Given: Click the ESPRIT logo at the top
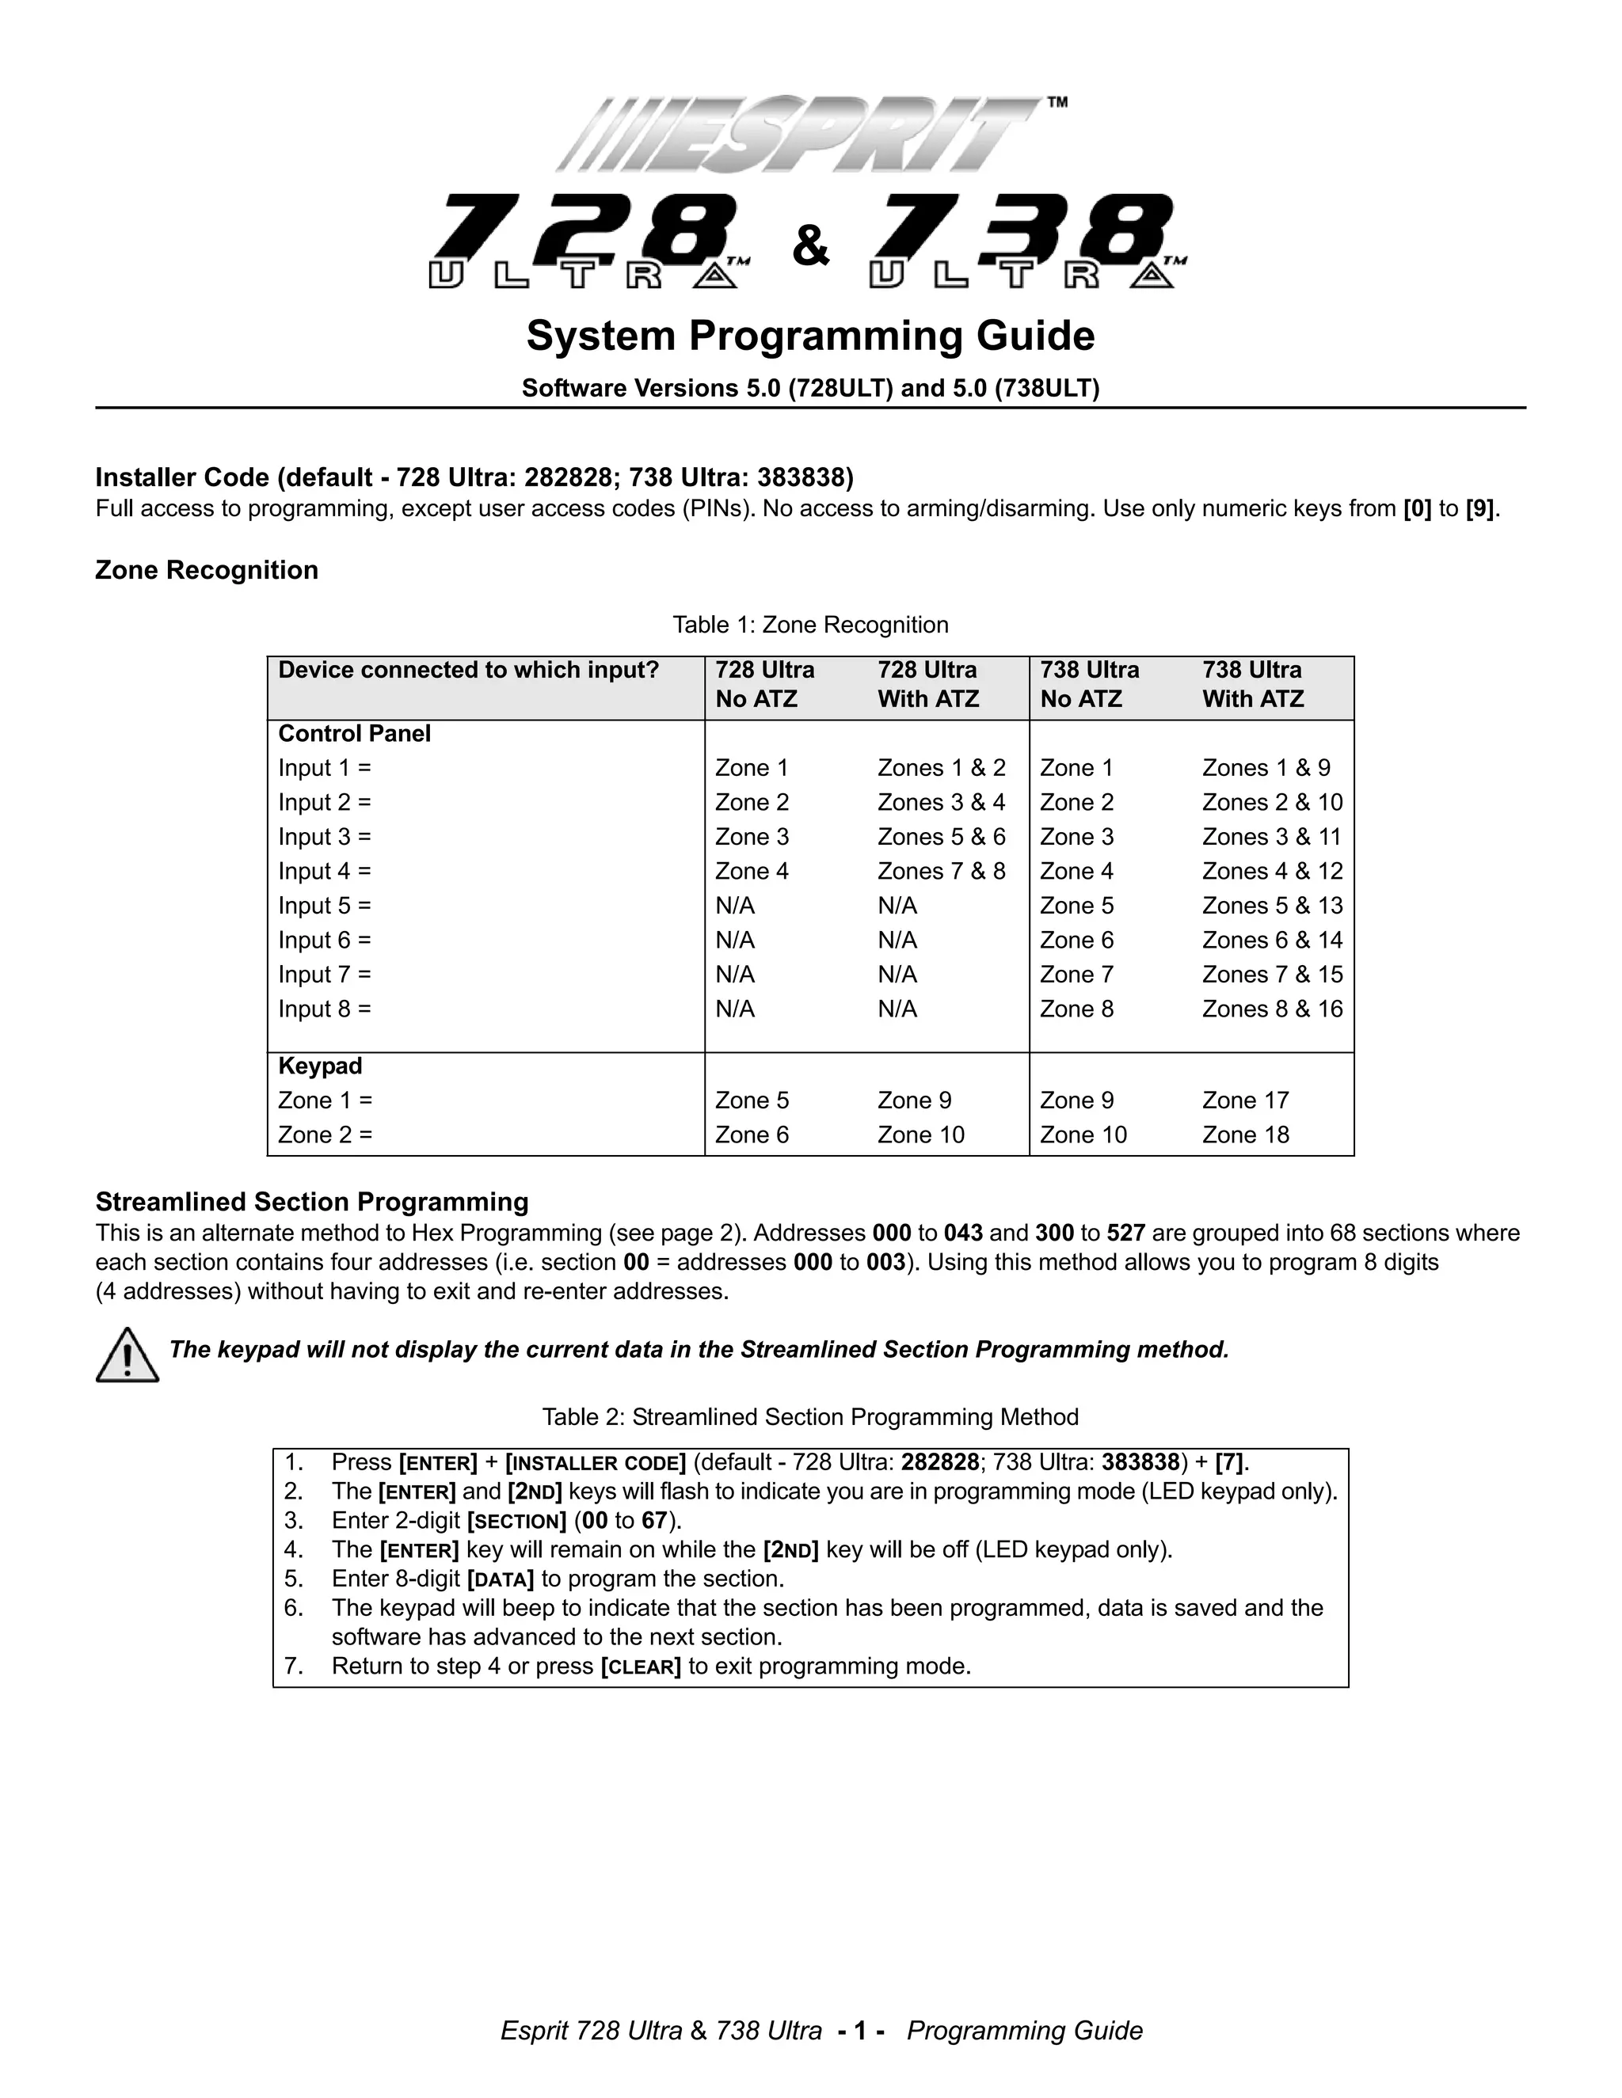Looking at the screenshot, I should click(x=798, y=135).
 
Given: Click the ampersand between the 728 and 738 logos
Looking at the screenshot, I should click(x=811, y=246).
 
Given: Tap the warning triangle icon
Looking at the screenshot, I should click(x=127, y=1355).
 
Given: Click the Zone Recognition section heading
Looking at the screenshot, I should click(x=207, y=570).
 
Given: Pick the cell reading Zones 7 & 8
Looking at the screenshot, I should click(x=941, y=872).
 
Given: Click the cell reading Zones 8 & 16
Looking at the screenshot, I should click(x=1272, y=1009).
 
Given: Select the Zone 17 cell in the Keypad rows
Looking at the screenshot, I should click(x=1245, y=1100).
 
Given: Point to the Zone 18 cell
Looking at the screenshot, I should click(x=1245, y=1135).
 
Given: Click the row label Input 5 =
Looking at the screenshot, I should click(x=325, y=906).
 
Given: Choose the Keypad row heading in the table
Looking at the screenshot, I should click(x=320, y=1066).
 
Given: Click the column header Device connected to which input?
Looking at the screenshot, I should click(x=469, y=671).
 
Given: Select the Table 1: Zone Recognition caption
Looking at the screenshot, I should click(x=810, y=625).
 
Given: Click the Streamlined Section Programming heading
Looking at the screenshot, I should click(x=312, y=1202).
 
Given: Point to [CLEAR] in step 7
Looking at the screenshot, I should click(x=640, y=1667).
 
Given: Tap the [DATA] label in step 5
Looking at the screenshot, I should click(x=500, y=1579).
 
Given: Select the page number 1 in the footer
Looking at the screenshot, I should click(x=861, y=2031).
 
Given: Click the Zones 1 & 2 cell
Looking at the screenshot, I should click(x=941, y=769).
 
